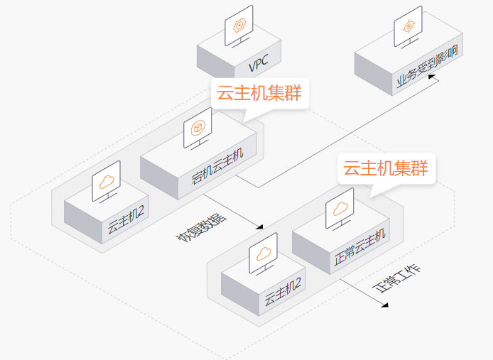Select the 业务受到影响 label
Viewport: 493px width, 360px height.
pyautogui.click(x=428, y=70)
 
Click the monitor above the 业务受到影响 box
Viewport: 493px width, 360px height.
pyautogui.click(x=408, y=27)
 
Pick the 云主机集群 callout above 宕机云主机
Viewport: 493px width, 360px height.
pyautogui.click(x=260, y=93)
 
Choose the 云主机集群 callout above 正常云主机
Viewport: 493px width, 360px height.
pyautogui.click(x=386, y=169)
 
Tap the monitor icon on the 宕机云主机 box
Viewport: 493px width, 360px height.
pyautogui.click(x=197, y=129)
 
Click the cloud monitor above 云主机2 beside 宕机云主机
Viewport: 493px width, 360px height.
pyautogui.click(x=106, y=180)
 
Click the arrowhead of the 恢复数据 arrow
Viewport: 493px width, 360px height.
pyautogui.click(x=260, y=227)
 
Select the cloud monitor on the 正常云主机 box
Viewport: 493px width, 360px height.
pyautogui.click(x=340, y=209)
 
